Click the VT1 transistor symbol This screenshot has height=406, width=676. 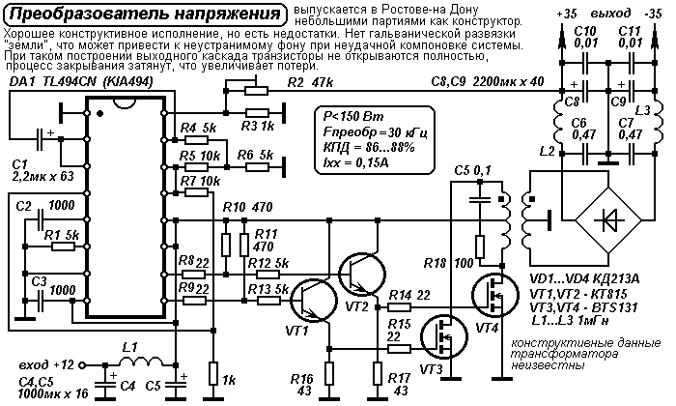pos(314,301)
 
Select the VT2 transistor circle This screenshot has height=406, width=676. pos(362,274)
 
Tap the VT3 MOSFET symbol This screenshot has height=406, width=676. pos(444,337)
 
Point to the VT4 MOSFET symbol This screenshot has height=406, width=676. pos(495,295)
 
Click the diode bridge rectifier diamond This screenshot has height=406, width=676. pos(608,220)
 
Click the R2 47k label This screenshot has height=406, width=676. pos(310,82)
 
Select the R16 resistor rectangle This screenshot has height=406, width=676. pos(329,373)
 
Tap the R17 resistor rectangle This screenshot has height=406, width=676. pos(378,373)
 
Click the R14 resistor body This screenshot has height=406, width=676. pos(399,307)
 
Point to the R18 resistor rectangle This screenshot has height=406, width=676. pos(480,246)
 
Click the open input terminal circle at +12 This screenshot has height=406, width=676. pos(82,365)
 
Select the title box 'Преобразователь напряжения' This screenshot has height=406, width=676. pos(145,14)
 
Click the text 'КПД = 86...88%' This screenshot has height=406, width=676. pos(369,148)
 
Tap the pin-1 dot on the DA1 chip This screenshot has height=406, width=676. pos(100,114)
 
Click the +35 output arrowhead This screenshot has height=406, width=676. pos(562,36)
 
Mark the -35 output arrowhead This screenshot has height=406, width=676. pos(655,36)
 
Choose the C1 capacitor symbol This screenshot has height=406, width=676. pos(40,139)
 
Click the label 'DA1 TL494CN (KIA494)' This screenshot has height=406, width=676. pos(81,82)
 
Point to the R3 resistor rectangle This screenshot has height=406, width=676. pos(257,113)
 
